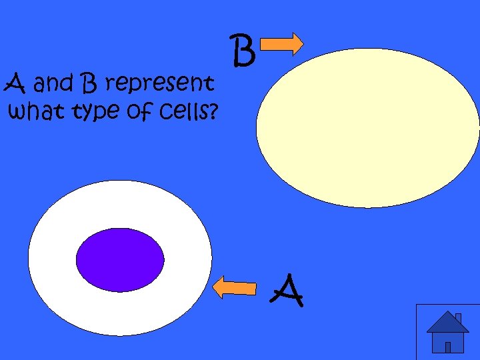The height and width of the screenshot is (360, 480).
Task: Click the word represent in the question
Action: (160, 85)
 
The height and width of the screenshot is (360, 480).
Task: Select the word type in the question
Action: (89, 112)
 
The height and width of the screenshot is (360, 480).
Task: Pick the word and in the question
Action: (55, 85)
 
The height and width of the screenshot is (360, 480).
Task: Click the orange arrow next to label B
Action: (281, 45)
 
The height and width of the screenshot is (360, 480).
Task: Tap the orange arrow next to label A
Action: (234, 287)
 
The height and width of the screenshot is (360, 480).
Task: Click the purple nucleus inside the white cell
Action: (120, 259)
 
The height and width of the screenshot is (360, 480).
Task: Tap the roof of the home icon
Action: (447, 323)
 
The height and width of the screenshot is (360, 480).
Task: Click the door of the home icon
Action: (448, 347)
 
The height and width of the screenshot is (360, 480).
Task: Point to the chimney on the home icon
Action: (458, 317)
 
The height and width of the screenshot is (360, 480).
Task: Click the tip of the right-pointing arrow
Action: (302, 45)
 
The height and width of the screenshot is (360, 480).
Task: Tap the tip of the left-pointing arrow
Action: (213, 287)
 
